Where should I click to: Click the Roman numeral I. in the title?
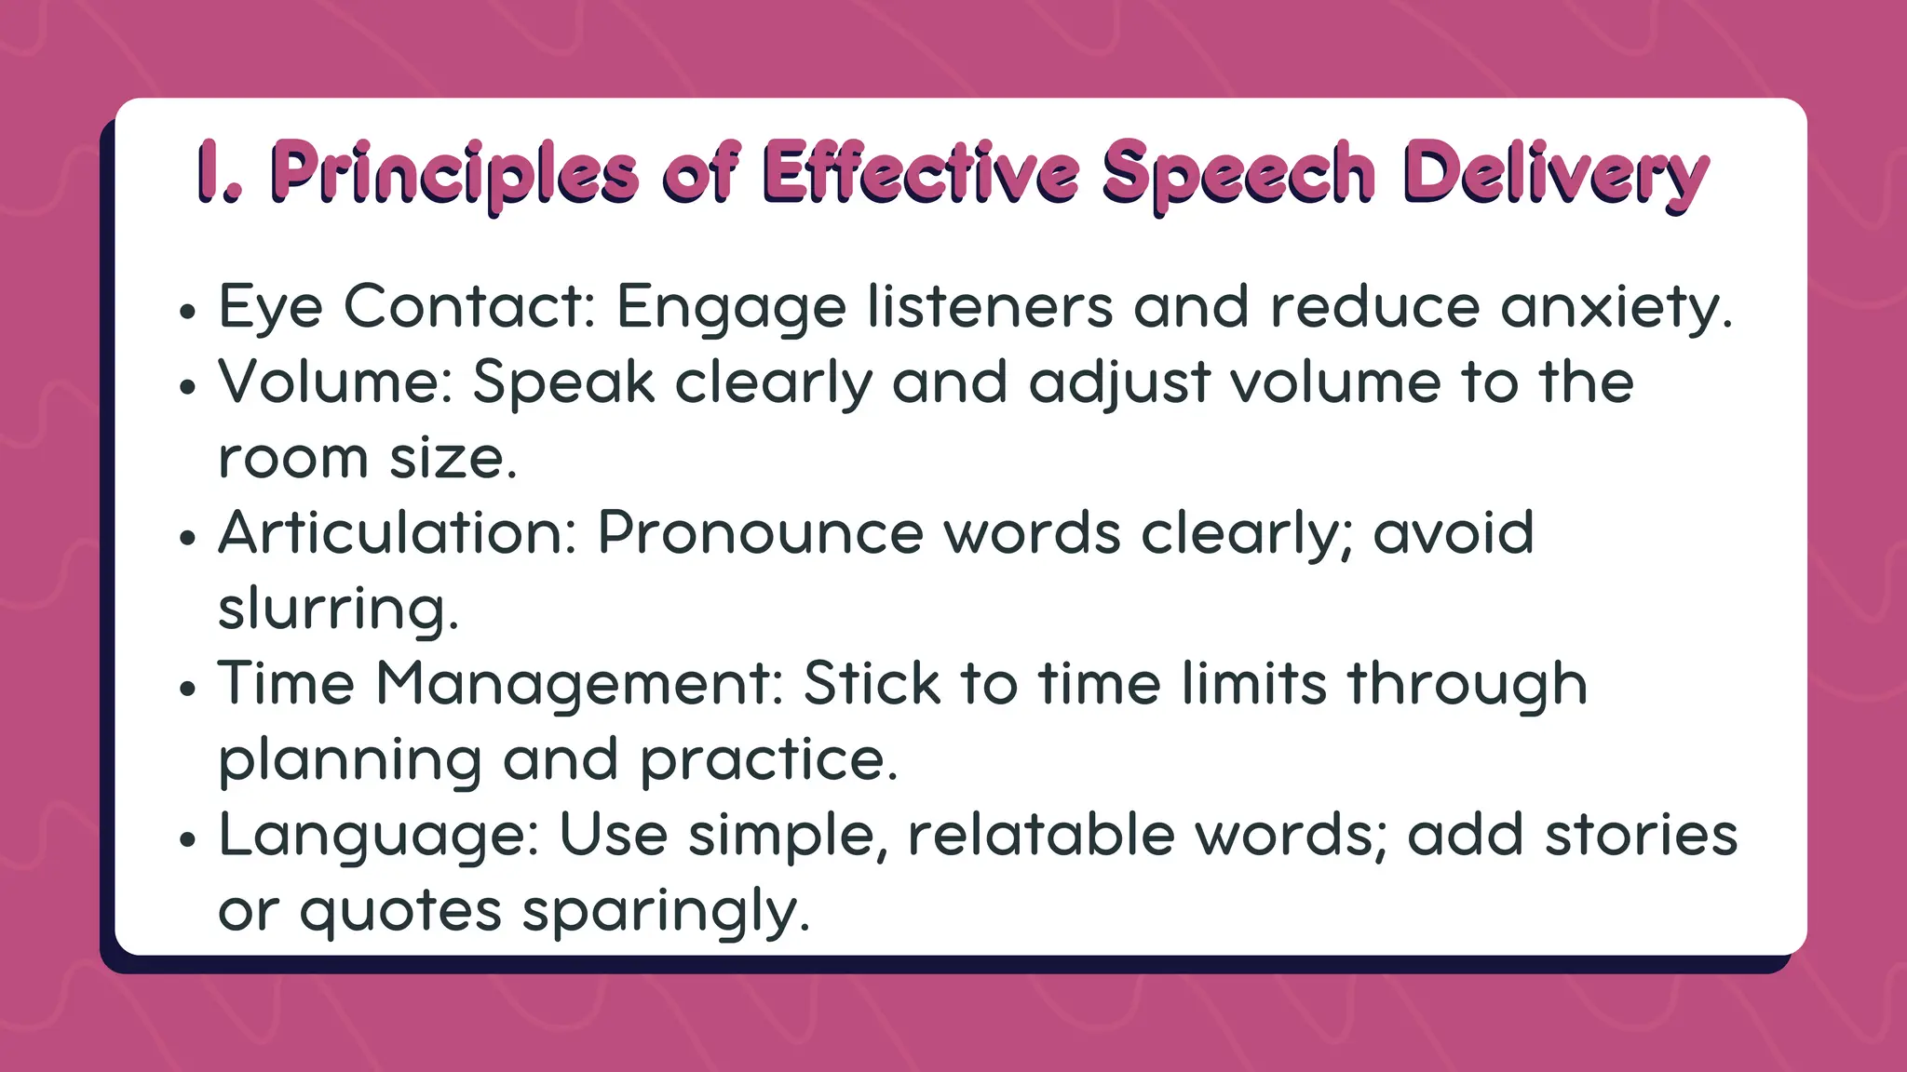(218, 172)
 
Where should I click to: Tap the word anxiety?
(1616, 308)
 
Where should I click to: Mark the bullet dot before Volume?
(189, 387)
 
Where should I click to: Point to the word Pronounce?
(760, 533)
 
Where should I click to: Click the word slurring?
(338, 610)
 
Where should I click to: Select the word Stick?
(872, 684)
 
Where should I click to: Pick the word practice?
(768, 760)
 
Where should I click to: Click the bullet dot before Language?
(189, 839)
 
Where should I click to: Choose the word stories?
(1641, 835)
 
